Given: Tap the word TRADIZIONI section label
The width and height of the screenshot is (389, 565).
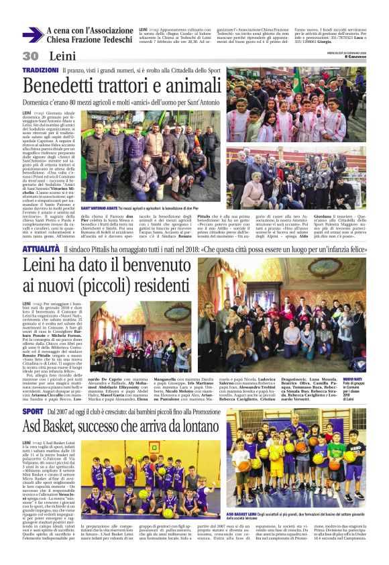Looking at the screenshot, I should (40, 70).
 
